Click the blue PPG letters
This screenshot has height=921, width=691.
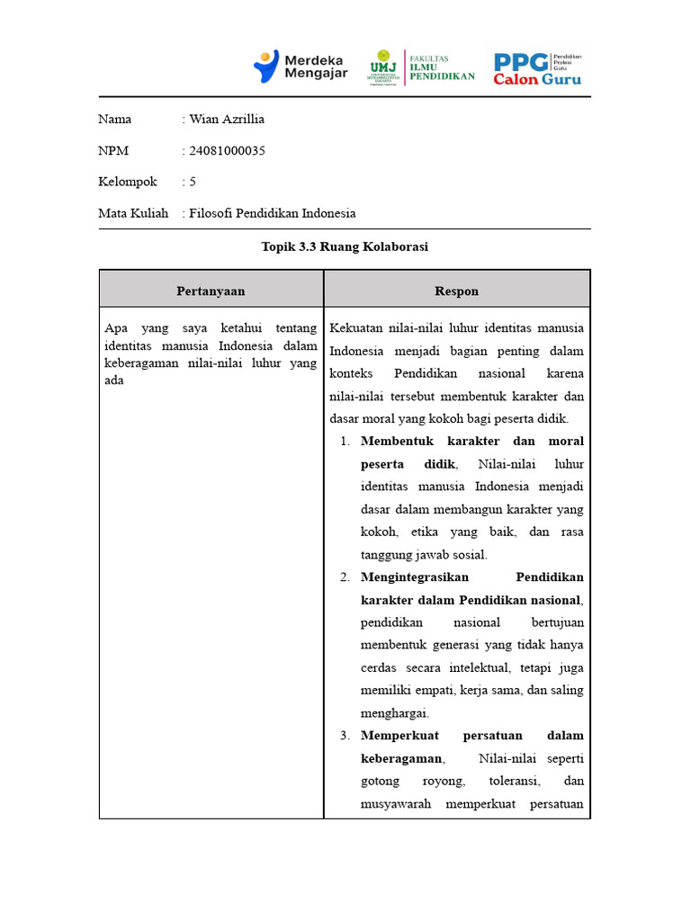tap(521, 61)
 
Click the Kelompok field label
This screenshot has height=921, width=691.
tap(127, 182)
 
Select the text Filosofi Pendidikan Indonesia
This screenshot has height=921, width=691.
tap(273, 213)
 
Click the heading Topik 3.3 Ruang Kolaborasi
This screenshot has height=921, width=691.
tap(345, 247)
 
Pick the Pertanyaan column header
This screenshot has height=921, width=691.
tap(211, 291)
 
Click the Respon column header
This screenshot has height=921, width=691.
tap(456, 291)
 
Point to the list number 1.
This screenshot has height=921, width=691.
tap(345, 441)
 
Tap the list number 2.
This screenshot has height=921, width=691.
tap(345, 577)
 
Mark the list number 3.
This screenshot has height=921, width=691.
tap(345, 736)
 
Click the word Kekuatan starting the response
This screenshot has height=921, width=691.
tap(356, 327)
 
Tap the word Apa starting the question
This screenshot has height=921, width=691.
tap(116, 327)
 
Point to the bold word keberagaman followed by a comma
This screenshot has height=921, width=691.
tap(401, 758)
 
